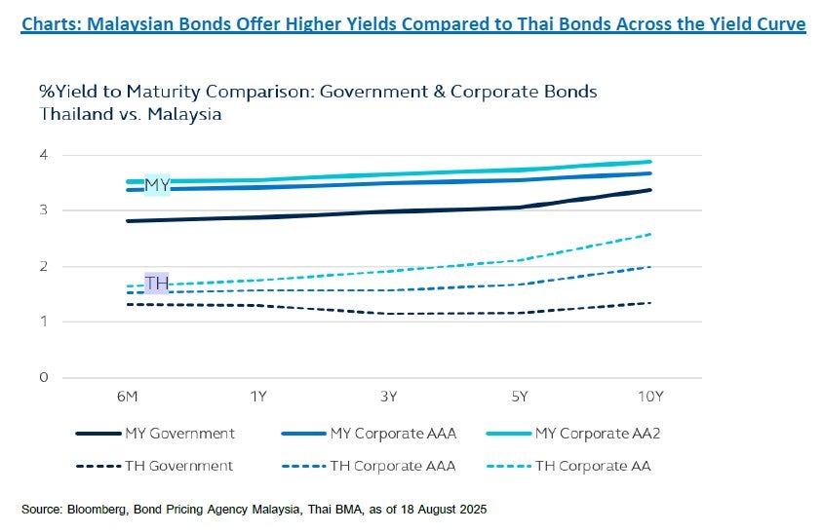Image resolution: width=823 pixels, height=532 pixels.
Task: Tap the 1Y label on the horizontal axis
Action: [x=258, y=397]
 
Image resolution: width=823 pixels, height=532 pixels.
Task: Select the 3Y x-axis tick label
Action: [x=389, y=397]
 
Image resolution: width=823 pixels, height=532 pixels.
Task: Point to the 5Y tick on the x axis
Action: [x=520, y=397]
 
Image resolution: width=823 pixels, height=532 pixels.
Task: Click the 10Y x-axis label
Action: [x=650, y=397]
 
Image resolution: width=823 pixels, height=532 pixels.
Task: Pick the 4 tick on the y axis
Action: [x=43, y=155]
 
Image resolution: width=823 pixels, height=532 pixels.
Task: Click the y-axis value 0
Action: [x=43, y=377]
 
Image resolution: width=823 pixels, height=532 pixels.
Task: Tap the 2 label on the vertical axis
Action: [x=43, y=266]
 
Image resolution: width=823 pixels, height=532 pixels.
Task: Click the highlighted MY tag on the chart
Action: [x=157, y=183]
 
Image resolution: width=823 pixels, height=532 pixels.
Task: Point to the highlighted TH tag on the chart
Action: [x=157, y=284]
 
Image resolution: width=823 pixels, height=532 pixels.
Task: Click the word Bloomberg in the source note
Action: [x=93, y=509]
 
